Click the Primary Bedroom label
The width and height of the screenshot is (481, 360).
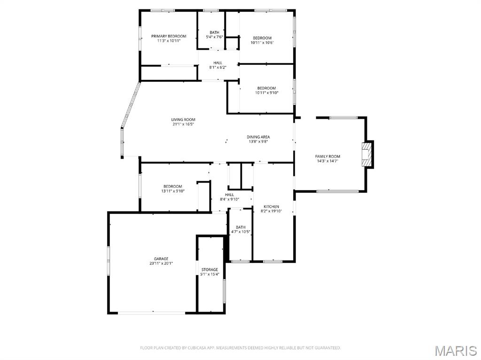[x=169, y=36]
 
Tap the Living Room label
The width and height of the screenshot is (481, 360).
[x=183, y=120]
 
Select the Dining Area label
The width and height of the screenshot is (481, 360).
[x=258, y=137]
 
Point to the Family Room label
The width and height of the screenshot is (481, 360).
[x=327, y=156]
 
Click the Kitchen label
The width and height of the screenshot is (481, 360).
[x=271, y=207]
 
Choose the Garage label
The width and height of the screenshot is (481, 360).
[x=161, y=259]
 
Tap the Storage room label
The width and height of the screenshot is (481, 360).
[x=209, y=269]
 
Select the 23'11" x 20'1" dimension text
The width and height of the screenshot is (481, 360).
[x=161, y=263]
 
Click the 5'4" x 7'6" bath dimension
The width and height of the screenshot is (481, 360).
[x=214, y=37]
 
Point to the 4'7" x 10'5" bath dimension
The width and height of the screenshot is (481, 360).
[x=240, y=232]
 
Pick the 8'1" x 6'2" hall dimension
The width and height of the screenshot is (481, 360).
[x=218, y=68]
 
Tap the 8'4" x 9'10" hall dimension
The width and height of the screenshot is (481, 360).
[x=230, y=199]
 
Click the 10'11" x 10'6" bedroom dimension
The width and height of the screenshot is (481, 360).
[x=262, y=43]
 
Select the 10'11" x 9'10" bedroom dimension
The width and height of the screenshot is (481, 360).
[x=266, y=93]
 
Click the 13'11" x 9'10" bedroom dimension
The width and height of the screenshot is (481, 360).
[x=173, y=191]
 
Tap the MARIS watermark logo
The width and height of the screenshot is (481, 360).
[x=455, y=351]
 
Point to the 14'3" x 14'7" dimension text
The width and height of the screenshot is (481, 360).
[x=327, y=161]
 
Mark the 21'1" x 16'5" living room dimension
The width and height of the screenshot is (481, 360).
[x=183, y=124]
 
